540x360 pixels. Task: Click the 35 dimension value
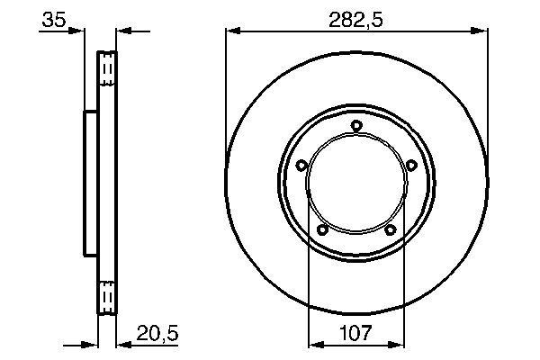(x=53, y=21)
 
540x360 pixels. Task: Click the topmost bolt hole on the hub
(x=356, y=125)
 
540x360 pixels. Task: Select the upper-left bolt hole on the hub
(x=301, y=165)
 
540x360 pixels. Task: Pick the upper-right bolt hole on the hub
(x=411, y=165)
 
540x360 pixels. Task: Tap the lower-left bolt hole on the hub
(x=322, y=230)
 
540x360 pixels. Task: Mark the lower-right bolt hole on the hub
(x=391, y=230)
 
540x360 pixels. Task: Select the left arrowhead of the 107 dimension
(x=314, y=343)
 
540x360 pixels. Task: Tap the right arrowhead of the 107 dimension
(x=397, y=343)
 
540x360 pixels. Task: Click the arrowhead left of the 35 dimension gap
(x=79, y=31)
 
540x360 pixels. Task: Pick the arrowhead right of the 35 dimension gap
(x=124, y=31)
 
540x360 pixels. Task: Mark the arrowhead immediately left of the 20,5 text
(x=124, y=343)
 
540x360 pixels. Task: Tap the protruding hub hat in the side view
(x=91, y=181)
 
